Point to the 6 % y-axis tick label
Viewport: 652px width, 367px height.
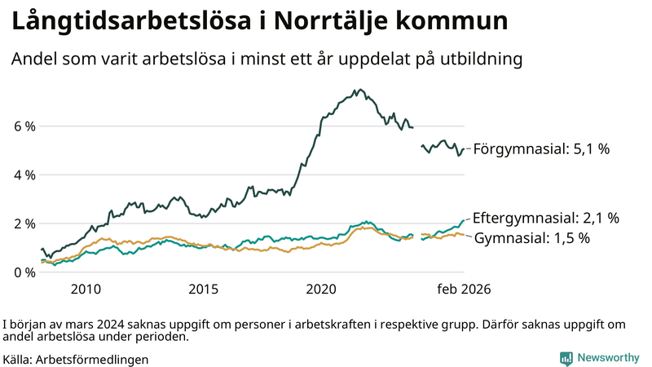point(24,126)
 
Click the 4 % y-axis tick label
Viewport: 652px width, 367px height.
point(24,175)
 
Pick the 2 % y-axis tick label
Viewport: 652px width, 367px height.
point(24,223)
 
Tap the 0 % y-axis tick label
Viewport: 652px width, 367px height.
point(24,272)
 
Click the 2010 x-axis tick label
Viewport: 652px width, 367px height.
point(86,290)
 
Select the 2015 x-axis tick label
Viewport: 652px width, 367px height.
point(204,290)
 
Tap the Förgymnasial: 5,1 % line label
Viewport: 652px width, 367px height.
point(541,149)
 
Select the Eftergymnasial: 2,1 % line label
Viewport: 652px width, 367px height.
point(546,218)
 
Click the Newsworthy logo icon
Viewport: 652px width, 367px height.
point(566,358)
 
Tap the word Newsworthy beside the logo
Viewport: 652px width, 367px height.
point(608,358)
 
